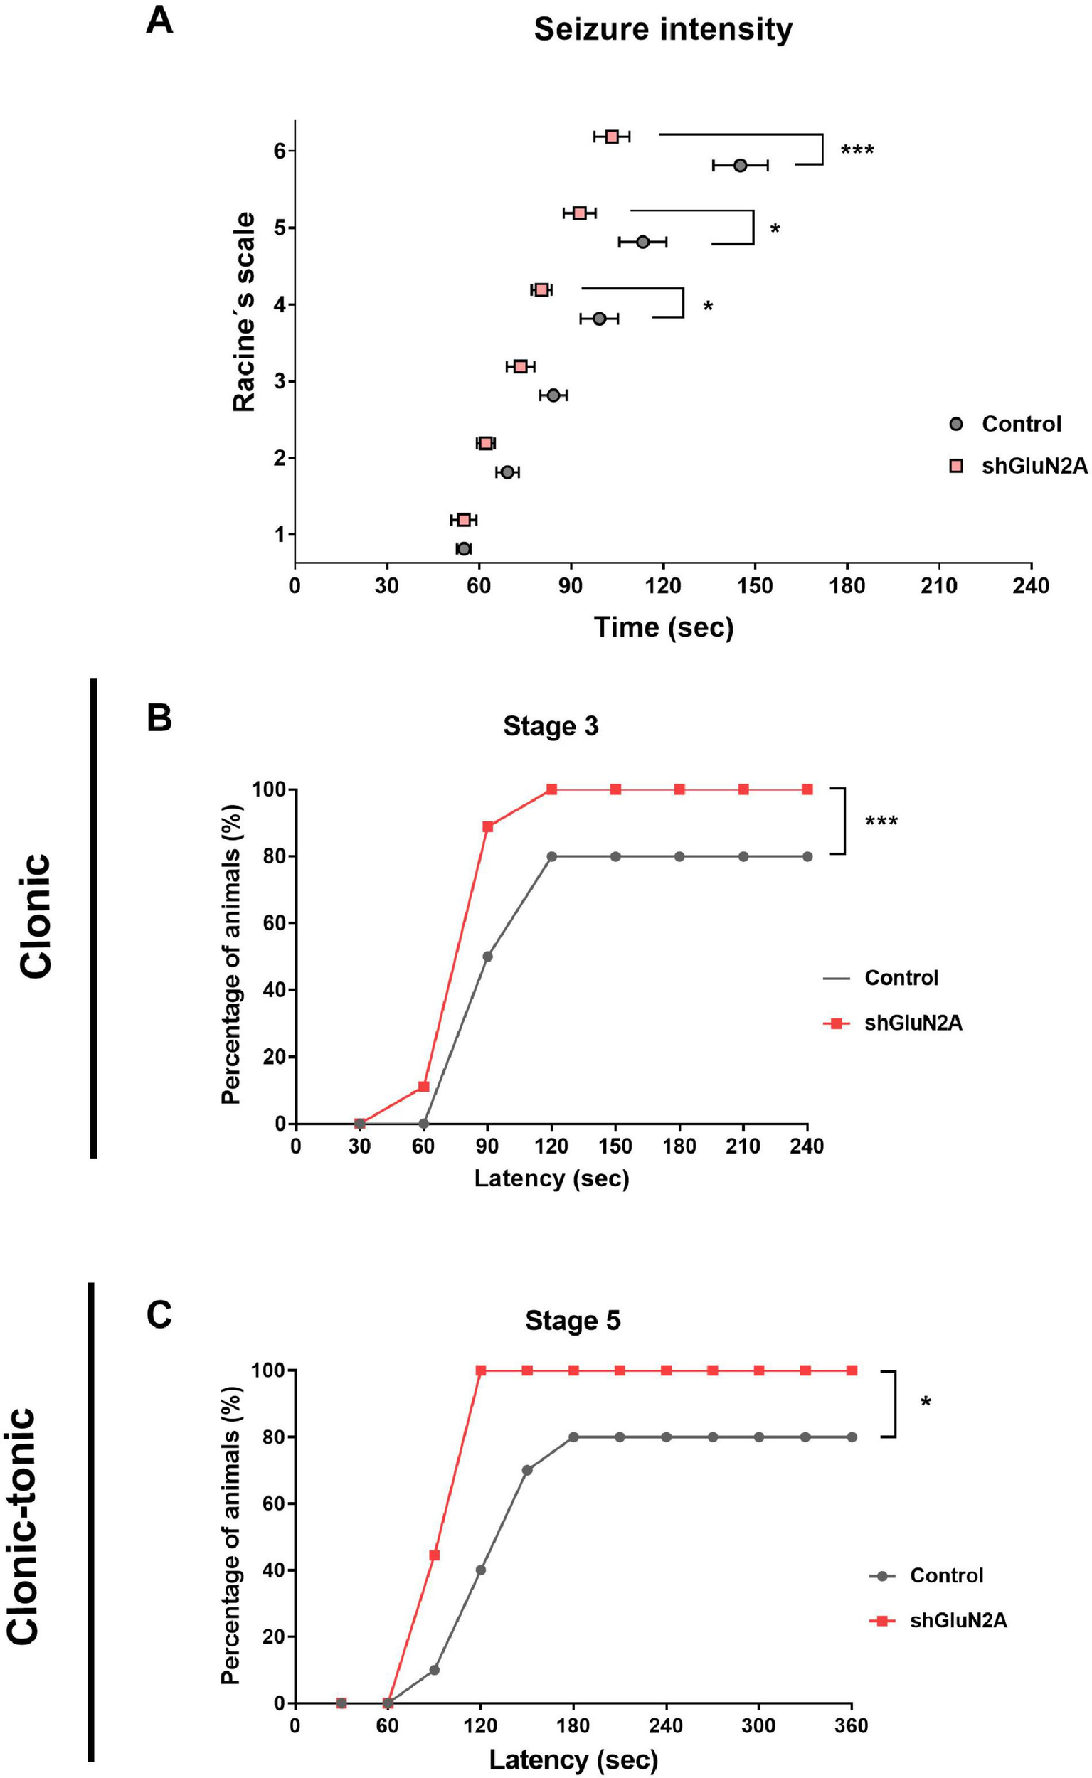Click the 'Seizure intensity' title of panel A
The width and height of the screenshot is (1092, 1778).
[x=662, y=31]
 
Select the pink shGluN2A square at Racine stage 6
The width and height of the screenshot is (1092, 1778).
[x=612, y=137]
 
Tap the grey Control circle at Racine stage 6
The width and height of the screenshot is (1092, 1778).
[x=740, y=165]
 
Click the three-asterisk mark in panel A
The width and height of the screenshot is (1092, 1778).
[x=857, y=151]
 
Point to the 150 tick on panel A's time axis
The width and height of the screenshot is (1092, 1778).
[x=755, y=585]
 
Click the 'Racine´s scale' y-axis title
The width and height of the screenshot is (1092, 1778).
[x=244, y=312]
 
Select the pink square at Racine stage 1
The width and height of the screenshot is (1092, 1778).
[x=464, y=520]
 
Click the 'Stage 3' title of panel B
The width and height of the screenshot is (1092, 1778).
[x=551, y=726]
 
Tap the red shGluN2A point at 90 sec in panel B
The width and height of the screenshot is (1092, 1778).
[x=487, y=826]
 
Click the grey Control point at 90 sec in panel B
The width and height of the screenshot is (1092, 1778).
[x=487, y=957]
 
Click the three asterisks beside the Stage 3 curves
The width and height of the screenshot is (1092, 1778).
[x=881, y=821]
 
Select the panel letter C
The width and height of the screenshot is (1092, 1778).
[x=159, y=1315]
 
